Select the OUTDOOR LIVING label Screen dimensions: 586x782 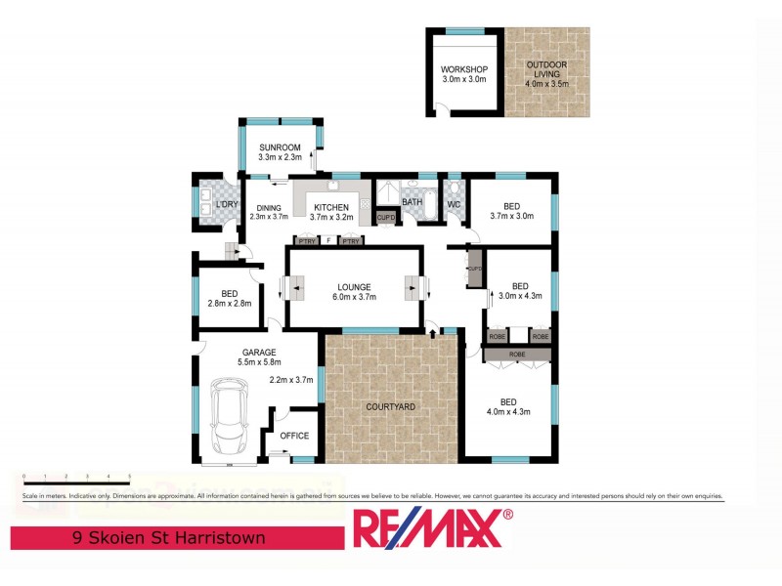pyautogui.click(x=546, y=65)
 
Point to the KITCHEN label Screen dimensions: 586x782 pyautogui.click(x=330, y=207)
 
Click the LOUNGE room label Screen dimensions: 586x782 pyautogui.click(x=354, y=287)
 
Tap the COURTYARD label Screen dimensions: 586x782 pyautogui.click(x=391, y=406)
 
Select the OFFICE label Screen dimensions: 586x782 pyautogui.click(x=294, y=436)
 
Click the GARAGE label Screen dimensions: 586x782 pyautogui.click(x=259, y=352)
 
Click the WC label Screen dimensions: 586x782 pyautogui.click(x=440, y=203)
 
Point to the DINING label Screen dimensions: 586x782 pyautogui.click(x=269, y=207)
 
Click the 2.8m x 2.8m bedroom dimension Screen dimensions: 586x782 pyautogui.click(x=229, y=304)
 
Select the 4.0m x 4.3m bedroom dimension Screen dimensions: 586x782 pyautogui.click(x=508, y=411)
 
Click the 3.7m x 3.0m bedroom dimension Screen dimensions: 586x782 pyautogui.click(x=512, y=216)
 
